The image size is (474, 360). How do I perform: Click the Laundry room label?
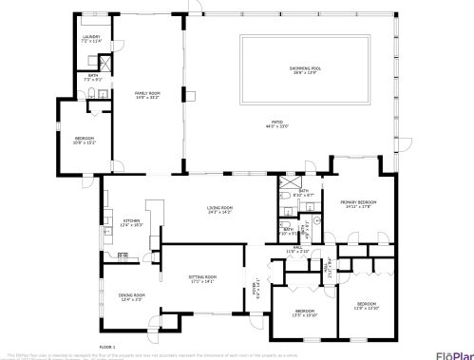[90, 39]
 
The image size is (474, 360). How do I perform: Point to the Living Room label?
[220, 209]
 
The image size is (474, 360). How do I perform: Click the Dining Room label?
[131, 296]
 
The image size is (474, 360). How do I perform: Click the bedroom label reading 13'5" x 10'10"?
[304, 313]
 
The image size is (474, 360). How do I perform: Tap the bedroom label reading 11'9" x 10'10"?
[366, 307]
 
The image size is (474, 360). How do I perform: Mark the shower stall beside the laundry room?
[107, 66]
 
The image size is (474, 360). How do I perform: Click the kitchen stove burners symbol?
[123, 256]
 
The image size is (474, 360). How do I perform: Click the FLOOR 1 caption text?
[107, 348]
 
